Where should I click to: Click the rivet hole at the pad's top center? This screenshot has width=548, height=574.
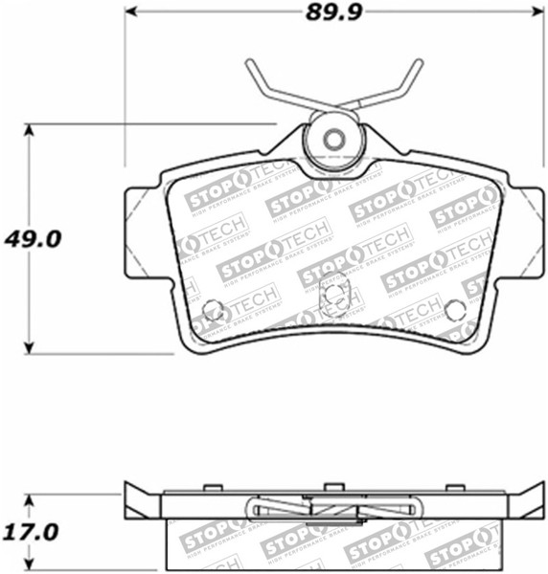coord(332,140)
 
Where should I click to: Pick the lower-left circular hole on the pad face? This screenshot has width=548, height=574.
coord(214,310)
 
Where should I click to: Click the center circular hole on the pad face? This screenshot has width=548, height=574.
coord(333,294)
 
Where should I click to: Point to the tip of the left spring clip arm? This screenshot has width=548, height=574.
coord(248,63)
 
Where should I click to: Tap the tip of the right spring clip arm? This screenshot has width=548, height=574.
coord(419,62)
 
